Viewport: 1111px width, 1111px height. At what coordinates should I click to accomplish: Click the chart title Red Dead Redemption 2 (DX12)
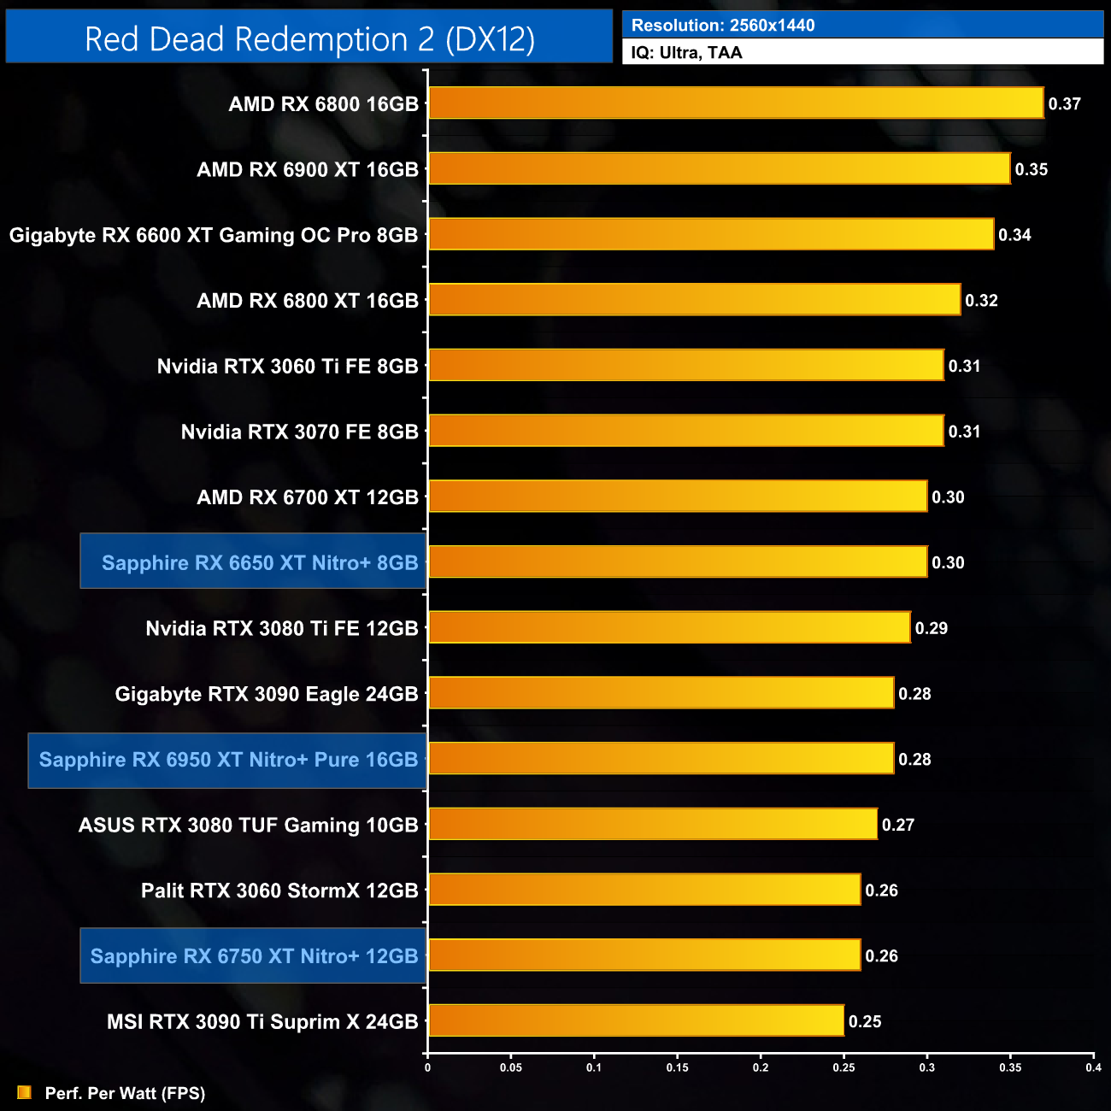(309, 39)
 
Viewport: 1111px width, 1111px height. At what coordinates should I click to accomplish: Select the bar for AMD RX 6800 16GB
(735, 103)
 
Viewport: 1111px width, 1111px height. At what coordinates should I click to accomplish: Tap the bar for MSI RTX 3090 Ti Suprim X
(636, 1021)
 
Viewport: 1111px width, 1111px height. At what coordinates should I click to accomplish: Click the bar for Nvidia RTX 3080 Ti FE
(669, 628)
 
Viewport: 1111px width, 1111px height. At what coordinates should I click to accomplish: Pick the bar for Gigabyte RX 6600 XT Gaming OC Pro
(711, 235)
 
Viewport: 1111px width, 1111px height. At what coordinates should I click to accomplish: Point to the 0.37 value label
(1065, 104)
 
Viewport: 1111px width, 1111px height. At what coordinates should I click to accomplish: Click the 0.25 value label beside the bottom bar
(865, 1022)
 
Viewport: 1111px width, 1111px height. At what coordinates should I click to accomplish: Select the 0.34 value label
(1014, 235)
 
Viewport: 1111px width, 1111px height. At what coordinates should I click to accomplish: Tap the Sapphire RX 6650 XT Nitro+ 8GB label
(260, 563)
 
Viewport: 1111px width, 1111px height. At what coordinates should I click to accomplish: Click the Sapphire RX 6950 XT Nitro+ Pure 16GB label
(228, 760)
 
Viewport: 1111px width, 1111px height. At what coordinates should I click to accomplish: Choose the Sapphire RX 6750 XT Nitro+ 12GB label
(254, 956)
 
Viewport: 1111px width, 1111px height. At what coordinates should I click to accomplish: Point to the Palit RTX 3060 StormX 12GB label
(279, 891)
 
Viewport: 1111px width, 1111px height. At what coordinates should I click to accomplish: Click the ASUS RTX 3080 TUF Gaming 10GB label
(248, 826)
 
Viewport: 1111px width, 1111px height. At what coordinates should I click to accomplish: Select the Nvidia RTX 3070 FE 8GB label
(299, 432)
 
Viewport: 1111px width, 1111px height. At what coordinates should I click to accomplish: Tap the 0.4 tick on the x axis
(1093, 1067)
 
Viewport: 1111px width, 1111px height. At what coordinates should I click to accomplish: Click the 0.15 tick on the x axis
(677, 1067)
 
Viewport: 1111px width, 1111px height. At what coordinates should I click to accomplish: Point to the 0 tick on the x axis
(427, 1067)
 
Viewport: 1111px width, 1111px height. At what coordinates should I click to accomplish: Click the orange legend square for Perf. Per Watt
(24, 1093)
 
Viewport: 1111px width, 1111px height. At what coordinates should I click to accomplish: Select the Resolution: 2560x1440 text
(723, 26)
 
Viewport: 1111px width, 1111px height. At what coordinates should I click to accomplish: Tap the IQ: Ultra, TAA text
(686, 53)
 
